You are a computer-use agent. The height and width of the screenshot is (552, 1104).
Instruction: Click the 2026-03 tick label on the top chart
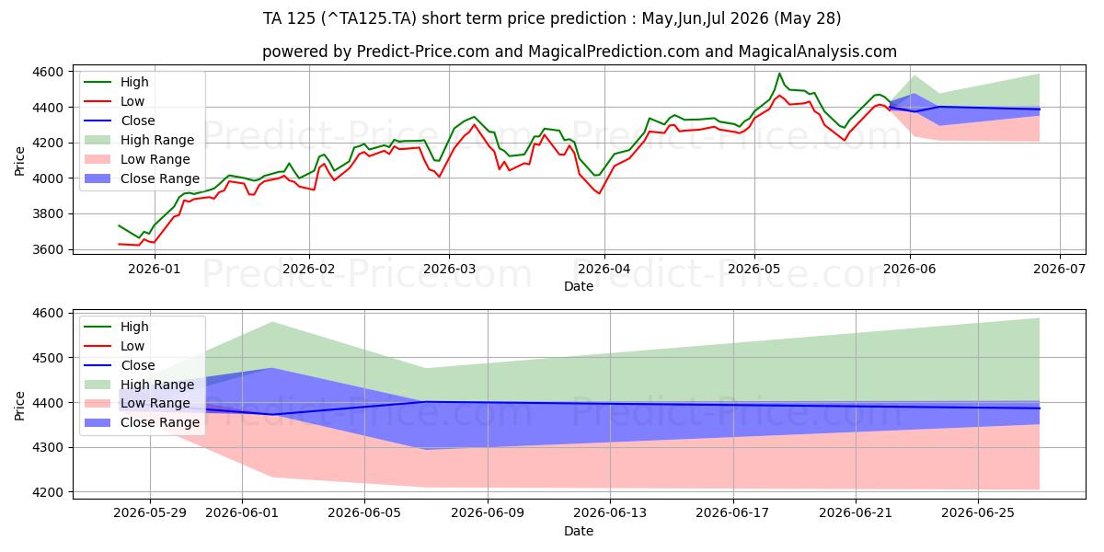point(449,269)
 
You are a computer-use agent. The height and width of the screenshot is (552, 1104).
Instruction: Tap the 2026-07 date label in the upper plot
point(1059,269)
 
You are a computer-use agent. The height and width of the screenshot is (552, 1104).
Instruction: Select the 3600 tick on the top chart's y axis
point(47,249)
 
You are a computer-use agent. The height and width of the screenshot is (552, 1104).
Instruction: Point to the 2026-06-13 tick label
point(610,513)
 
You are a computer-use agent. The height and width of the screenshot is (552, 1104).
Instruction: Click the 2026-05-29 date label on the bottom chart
point(150,513)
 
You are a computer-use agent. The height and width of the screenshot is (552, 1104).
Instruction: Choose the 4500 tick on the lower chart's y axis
point(47,358)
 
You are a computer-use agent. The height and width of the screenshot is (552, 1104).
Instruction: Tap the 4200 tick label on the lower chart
point(47,492)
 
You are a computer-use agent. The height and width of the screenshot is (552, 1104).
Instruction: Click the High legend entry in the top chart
point(134,82)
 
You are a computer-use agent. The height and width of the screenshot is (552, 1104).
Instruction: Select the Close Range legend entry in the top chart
point(160,178)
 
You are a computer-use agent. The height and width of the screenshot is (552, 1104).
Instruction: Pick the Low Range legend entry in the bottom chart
point(155,403)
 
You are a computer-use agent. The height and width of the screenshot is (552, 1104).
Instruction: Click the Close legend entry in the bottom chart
point(137,365)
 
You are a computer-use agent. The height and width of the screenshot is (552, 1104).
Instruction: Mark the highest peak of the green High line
point(779,74)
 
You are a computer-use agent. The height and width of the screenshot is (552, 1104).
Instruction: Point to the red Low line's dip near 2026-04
point(599,193)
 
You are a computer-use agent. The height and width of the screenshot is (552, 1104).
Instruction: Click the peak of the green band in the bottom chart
point(272,322)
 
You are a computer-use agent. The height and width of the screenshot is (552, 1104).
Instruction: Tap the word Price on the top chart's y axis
point(19,161)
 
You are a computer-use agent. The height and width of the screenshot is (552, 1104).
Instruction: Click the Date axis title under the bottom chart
point(579,531)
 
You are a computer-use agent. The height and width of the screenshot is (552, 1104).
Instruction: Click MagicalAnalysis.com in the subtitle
point(817,52)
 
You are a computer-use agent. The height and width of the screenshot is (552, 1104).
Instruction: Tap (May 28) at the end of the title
point(808,18)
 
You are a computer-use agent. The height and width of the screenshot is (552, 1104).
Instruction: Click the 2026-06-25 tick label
point(978,513)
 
